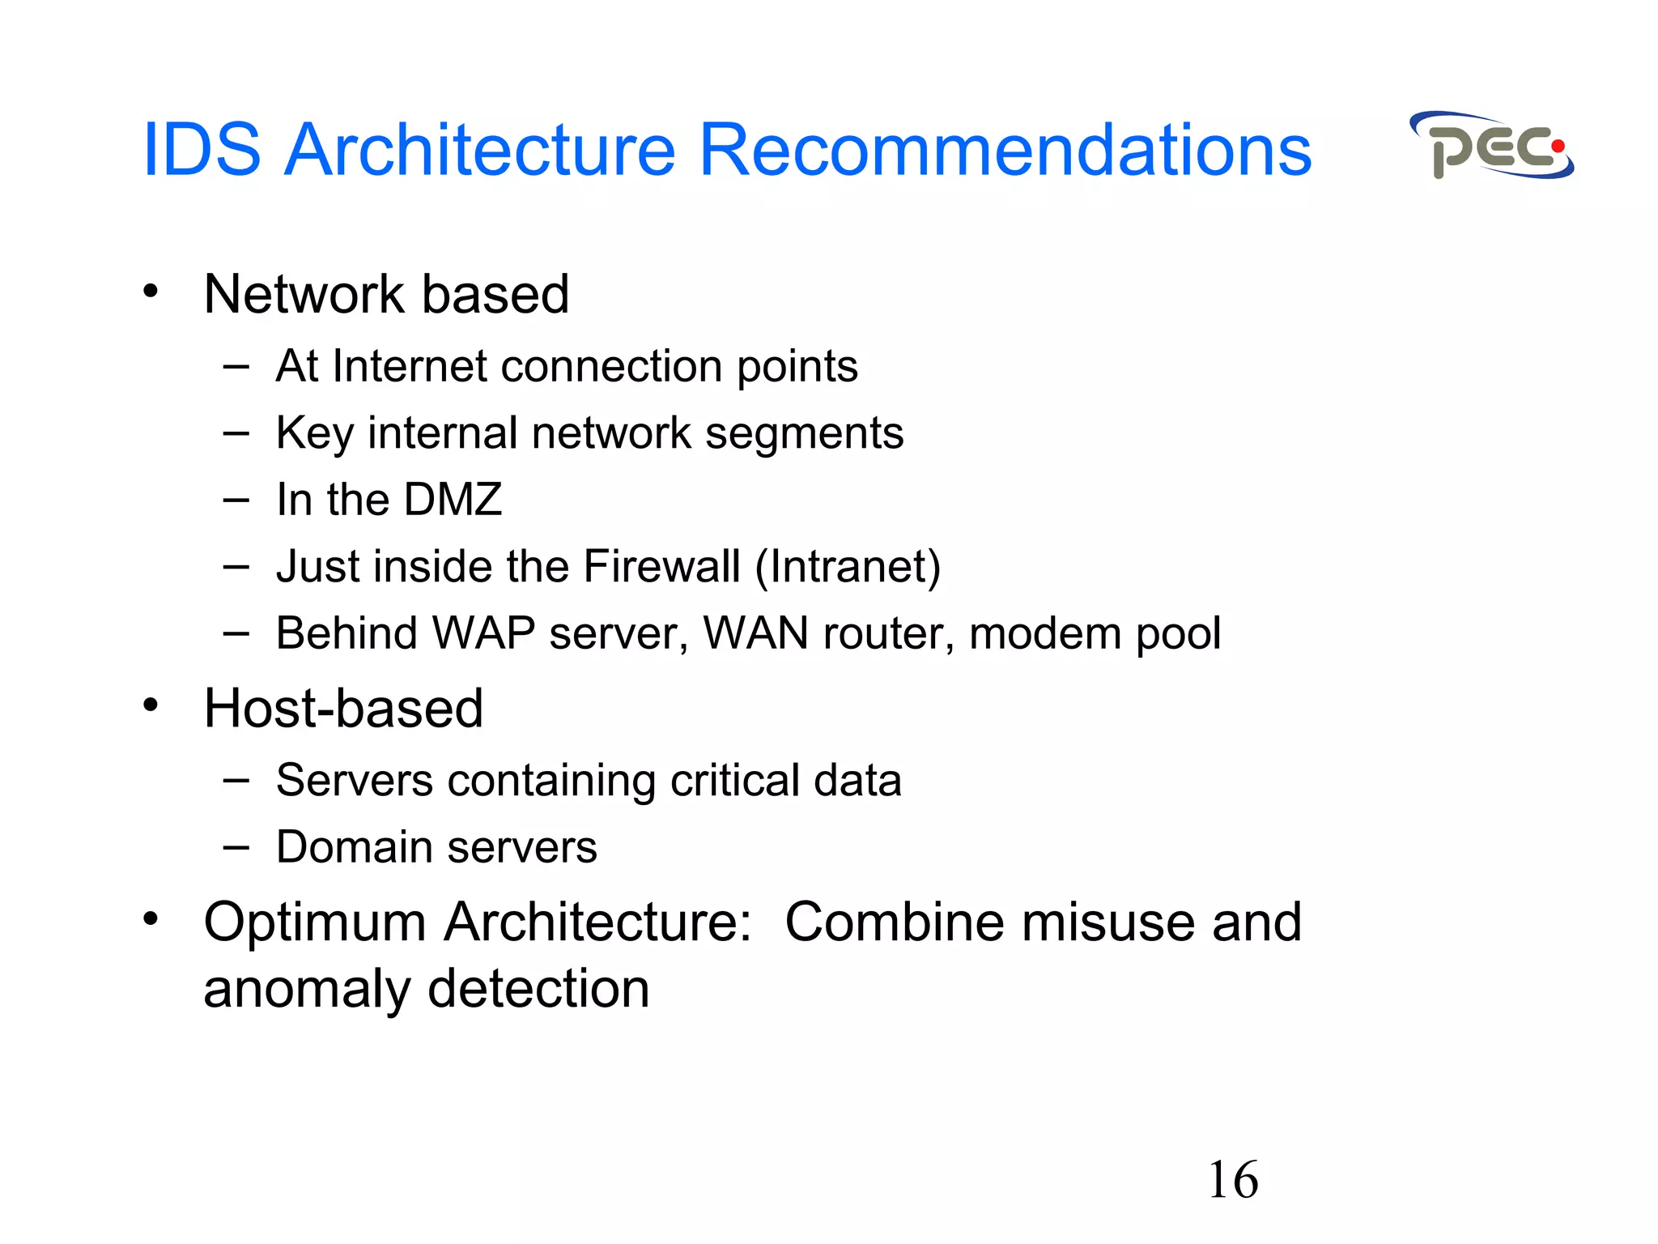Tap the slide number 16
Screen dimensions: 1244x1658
pos(1232,1180)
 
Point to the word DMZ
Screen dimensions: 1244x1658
pos(453,499)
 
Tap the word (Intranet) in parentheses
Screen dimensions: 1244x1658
pos(848,566)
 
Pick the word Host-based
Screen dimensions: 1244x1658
pos(343,709)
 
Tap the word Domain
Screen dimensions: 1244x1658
pos(355,847)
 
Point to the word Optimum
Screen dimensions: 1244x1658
pos(315,922)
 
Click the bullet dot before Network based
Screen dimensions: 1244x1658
pos(151,291)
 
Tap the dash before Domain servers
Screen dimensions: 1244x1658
pos(236,848)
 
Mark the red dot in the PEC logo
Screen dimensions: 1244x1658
pos(1557,147)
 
